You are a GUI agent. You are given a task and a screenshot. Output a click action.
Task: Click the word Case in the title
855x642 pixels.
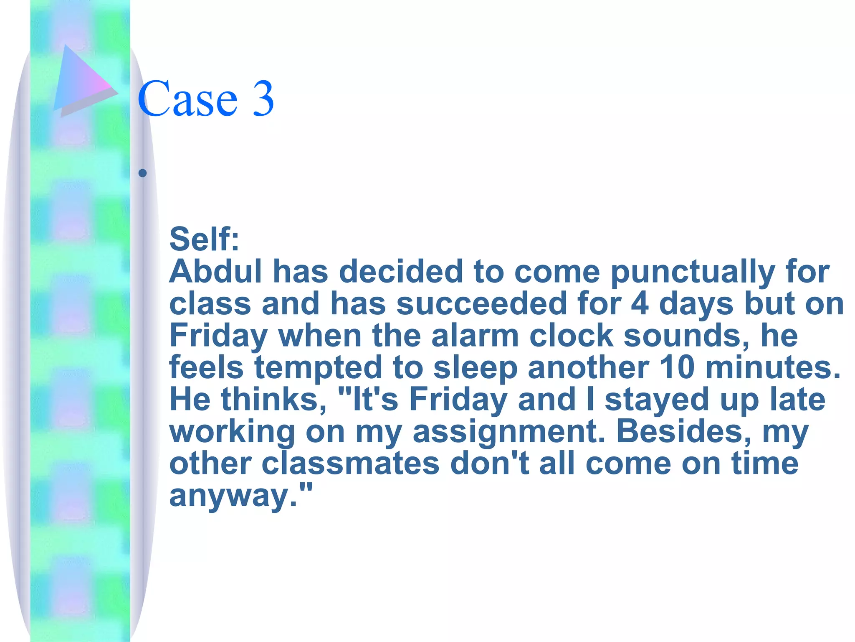point(187,99)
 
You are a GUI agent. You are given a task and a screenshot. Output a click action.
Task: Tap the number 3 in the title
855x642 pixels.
point(263,99)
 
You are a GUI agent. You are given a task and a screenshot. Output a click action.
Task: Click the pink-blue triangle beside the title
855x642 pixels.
point(82,79)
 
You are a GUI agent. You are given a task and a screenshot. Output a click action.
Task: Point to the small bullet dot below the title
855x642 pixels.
point(143,173)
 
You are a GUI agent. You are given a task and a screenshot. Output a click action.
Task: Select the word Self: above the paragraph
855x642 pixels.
point(204,239)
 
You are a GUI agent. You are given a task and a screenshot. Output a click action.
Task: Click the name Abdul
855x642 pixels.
point(215,272)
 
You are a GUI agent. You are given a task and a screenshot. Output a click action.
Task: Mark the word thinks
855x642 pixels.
point(273,400)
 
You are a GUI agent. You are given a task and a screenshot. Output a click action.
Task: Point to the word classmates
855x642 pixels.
point(351,464)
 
